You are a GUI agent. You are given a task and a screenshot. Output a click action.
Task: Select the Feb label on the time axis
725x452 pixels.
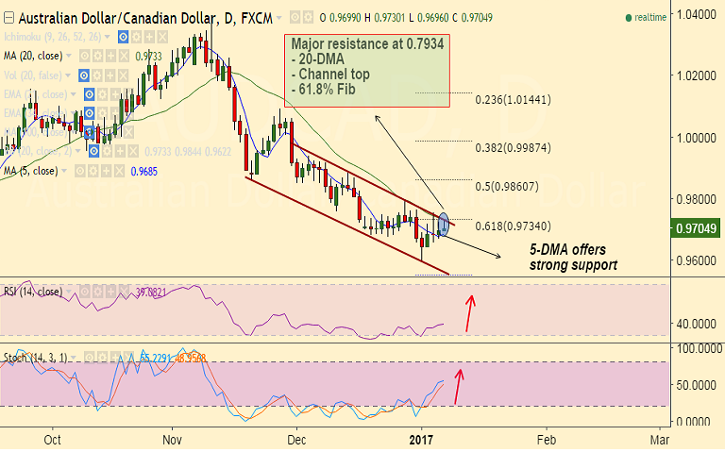546,440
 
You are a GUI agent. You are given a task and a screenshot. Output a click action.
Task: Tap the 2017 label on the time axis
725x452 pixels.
420,440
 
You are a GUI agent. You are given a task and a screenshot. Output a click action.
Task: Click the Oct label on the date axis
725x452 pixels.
53,440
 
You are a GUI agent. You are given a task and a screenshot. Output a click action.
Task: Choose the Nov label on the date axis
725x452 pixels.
171,440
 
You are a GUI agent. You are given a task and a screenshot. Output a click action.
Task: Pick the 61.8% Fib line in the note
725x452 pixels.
327,90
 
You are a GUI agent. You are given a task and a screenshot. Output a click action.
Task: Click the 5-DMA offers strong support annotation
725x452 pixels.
573,258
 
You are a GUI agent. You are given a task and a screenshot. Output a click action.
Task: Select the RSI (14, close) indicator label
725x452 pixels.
33,291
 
